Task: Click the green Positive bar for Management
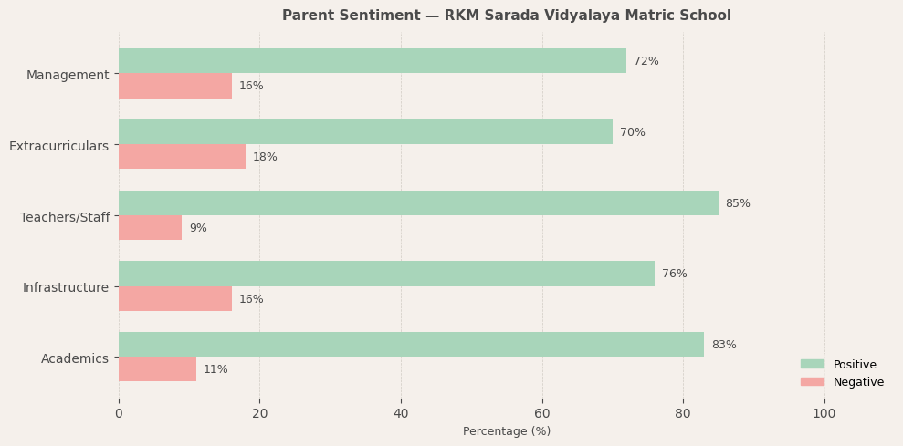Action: click(373, 61)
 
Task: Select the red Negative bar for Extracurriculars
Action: click(182, 157)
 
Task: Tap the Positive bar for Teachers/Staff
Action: click(418, 203)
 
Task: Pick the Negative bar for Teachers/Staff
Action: click(150, 228)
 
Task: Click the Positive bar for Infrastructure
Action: click(386, 274)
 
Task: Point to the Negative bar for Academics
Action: click(157, 369)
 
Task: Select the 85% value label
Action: click(738, 203)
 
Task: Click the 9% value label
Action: click(198, 228)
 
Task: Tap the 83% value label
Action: click(724, 345)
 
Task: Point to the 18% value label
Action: click(265, 157)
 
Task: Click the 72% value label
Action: click(646, 61)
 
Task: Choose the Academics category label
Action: click(75, 358)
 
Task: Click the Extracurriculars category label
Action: click(58, 146)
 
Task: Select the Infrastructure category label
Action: click(66, 287)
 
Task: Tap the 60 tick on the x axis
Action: click(542, 413)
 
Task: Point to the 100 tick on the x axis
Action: click(824, 413)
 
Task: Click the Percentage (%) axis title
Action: click(507, 431)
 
